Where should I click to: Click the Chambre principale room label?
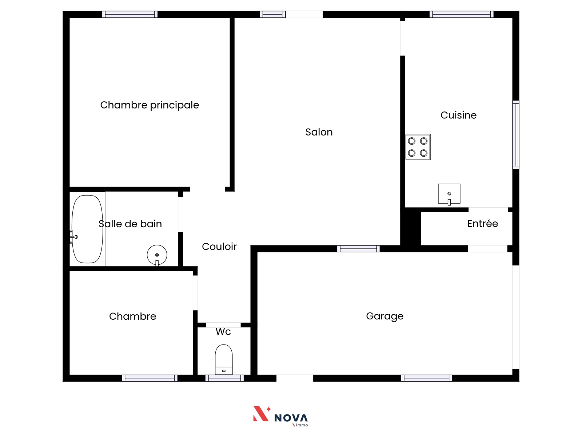150,105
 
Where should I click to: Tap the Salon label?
319,132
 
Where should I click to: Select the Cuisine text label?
458,115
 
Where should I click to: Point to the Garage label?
385,316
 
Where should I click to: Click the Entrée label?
483,223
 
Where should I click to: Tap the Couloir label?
219,247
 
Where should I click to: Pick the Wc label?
223,332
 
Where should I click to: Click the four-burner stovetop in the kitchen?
418,147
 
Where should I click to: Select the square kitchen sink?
449,194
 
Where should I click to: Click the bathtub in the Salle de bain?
87,229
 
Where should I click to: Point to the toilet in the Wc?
223,359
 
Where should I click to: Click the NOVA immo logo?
280,416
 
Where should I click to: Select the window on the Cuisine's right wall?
515,135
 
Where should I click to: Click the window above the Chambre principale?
130,14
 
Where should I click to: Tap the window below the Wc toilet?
224,378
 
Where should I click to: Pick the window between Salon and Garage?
358,249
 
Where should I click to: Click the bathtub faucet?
73,237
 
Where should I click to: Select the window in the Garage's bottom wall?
426,378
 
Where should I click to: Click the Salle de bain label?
130,224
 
